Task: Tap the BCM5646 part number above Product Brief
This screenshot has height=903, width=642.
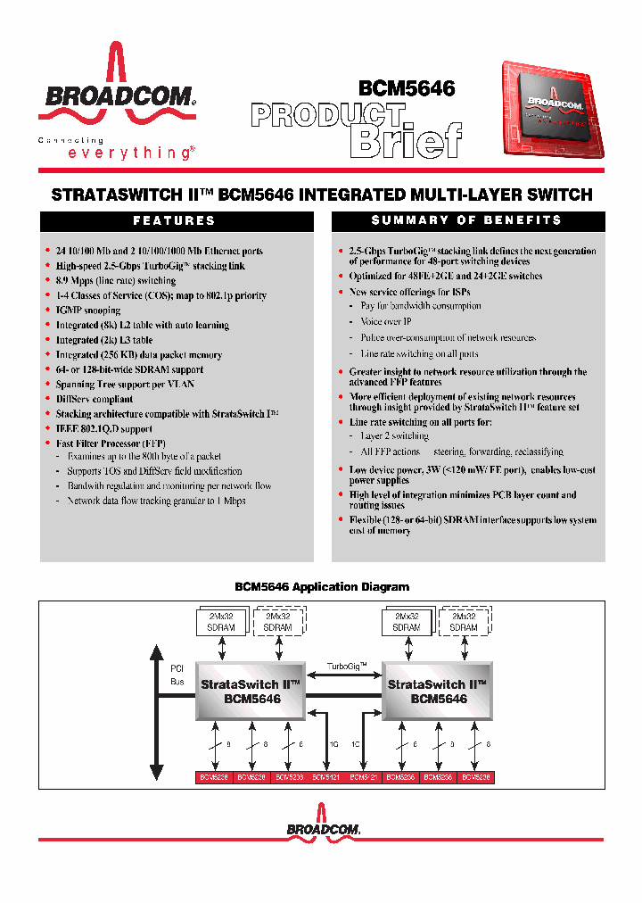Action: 407,89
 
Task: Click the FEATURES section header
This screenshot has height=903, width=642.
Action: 174,220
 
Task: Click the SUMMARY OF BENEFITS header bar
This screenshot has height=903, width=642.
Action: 466,220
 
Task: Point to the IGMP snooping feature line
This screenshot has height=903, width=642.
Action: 88,311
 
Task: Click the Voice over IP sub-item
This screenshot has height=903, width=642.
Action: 386,321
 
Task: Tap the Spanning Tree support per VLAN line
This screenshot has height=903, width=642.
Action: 125,385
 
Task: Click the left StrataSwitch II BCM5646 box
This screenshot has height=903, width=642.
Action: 251,692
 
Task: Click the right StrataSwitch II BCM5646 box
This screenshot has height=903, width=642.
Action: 438,692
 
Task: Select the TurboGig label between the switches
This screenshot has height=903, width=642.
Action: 345,667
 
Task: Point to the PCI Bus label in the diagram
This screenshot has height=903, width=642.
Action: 177,675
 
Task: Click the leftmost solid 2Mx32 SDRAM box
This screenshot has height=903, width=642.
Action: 220,622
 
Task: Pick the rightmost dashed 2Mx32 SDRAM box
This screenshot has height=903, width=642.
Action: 464,622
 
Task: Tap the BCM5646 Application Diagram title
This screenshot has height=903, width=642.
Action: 321,586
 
